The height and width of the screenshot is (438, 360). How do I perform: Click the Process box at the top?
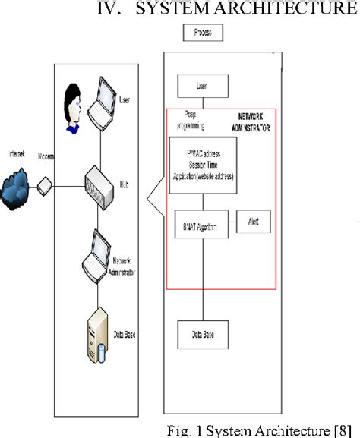[x=203, y=33]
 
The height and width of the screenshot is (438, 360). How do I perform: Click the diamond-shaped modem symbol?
[x=45, y=184]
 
